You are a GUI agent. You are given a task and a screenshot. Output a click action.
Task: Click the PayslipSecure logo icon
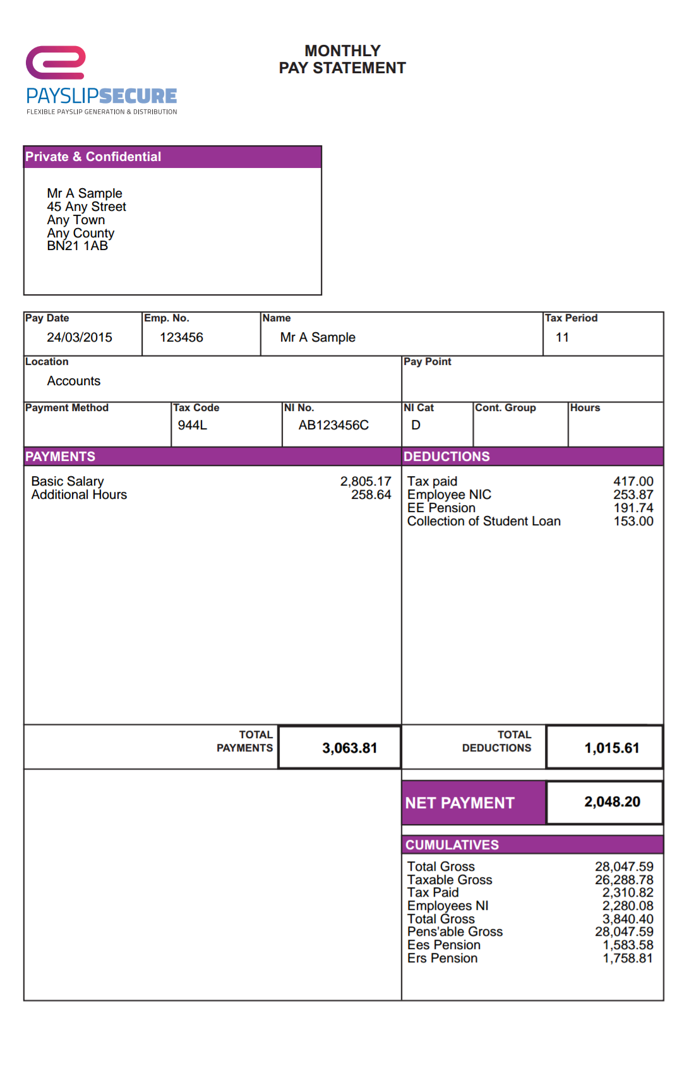(x=56, y=63)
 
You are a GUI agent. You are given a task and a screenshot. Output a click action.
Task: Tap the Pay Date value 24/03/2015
(x=80, y=338)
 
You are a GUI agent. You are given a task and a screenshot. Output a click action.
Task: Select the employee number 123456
(x=181, y=338)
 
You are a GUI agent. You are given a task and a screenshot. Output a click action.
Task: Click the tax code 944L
(x=192, y=426)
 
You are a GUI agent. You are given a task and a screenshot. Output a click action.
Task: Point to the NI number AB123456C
(x=333, y=426)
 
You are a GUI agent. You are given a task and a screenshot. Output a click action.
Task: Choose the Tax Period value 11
(x=562, y=338)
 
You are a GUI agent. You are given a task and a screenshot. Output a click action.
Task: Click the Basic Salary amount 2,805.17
(x=366, y=482)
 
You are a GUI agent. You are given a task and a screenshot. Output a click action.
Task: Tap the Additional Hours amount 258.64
(x=371, y=495)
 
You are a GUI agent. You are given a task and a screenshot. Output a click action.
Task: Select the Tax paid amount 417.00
(x=633, y=482)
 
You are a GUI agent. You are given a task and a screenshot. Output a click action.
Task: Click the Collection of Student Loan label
(x=484, y=522)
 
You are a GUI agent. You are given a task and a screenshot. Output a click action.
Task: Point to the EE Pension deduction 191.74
(x=633, y=508)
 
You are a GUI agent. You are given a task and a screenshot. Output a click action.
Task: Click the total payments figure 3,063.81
(x=349, y=748)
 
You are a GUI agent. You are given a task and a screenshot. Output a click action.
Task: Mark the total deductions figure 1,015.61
(x=611, y=748)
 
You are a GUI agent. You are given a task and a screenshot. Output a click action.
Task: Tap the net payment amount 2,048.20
(x=612, y=802)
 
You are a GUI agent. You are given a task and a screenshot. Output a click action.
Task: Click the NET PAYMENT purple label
(x=460, y=803)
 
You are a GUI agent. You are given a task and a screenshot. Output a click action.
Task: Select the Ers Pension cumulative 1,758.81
(x=628, y=959)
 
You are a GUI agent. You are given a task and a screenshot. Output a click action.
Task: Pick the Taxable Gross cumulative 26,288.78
(x=624, y=880)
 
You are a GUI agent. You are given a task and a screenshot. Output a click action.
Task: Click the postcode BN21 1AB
(x=77, y=246)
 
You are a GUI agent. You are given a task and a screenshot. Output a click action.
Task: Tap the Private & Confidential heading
(x=93, y=157)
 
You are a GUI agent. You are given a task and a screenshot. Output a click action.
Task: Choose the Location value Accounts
(x=73, y=381)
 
